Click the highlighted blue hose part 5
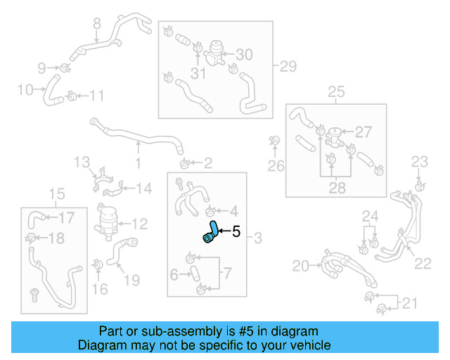(210, 233)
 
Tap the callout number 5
(236, 231)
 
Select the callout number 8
(97, 24)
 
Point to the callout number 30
(243, 55)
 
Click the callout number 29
(288, 67)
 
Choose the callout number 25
(336, 91)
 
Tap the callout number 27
(363, 131)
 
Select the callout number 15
(56, 194)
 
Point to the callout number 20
(301, 265)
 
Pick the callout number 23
(419, 162)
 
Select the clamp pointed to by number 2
(184, 165)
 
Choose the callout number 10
(25, 90)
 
